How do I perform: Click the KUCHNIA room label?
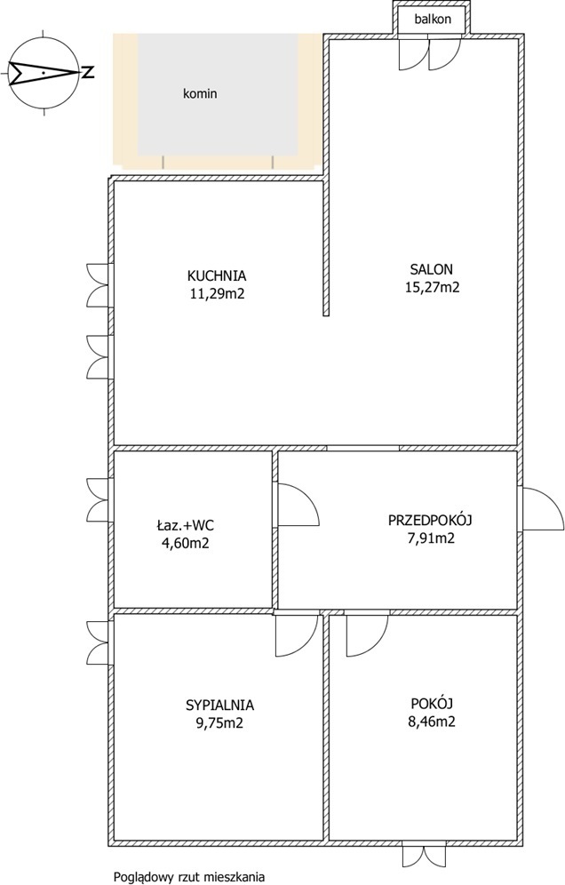[217, 276]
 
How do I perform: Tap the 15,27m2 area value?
[433, 287]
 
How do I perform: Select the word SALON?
[432, 269]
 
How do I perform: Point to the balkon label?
[433, 20]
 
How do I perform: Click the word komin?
[200, 93]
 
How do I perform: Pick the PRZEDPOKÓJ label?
[430, 520]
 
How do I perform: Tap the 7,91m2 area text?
[430, 538]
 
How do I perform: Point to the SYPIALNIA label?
[220, 705]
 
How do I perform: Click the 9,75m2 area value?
[220, 723]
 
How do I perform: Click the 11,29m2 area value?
[217, 294]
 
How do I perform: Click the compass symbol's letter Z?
[87, 72]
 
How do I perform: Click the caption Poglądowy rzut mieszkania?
[189, 877]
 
